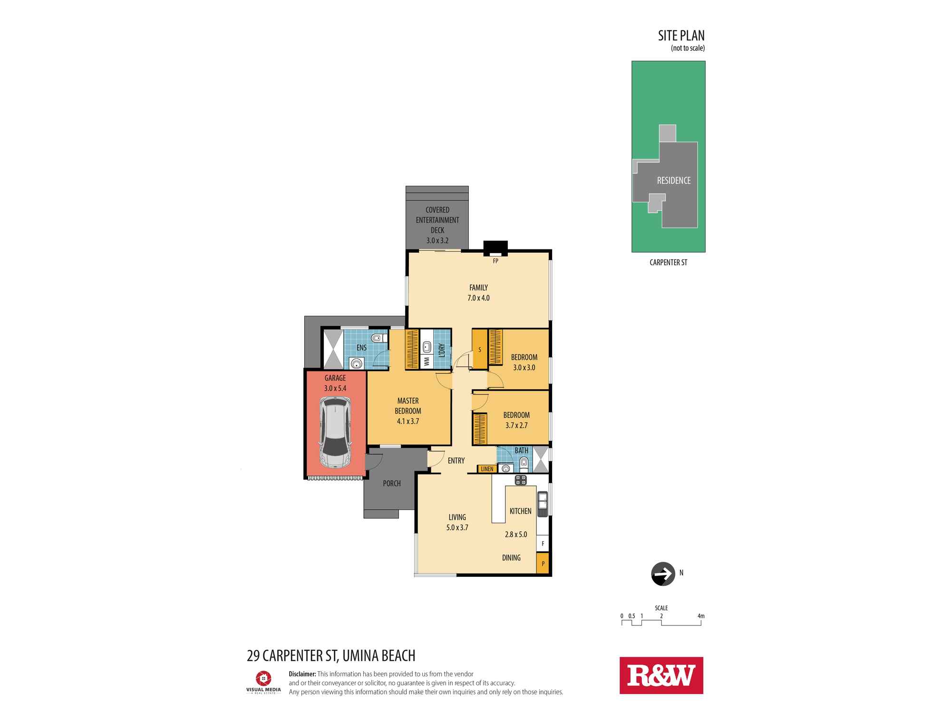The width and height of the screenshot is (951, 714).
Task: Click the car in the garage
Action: click(x=335, y=433)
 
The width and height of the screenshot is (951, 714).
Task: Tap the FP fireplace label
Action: click(x=495, y=261)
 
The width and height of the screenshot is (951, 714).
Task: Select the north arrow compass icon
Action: click(x=662, y=574)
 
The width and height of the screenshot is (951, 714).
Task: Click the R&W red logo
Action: click(x=661, y=675)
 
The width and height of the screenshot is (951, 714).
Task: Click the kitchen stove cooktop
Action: click(x=521, y=480)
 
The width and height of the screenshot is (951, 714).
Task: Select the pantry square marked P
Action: click(x=543, y=563)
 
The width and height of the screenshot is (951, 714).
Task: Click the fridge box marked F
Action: click(x=543, y=543)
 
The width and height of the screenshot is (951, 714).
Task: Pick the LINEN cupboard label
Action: click(x=487, y=469)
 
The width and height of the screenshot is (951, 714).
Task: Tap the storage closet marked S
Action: click(x=480, y=350)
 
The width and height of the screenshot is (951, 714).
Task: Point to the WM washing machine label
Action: click(x=427, y=362)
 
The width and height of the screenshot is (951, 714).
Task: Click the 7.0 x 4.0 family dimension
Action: click(x=478, y=298)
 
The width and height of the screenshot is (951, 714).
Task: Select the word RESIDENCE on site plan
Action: click(x=674, y=180)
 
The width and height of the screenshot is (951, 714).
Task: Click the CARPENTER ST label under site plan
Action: click(x=668, y=262)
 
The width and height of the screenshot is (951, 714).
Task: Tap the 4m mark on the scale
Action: click(x=701, y=616)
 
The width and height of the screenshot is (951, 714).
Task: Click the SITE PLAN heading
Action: click(x=681, y=36)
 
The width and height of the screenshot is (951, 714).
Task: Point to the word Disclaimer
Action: click(x=302, y=674)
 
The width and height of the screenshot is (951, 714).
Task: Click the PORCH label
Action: click(x=392, y=483)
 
